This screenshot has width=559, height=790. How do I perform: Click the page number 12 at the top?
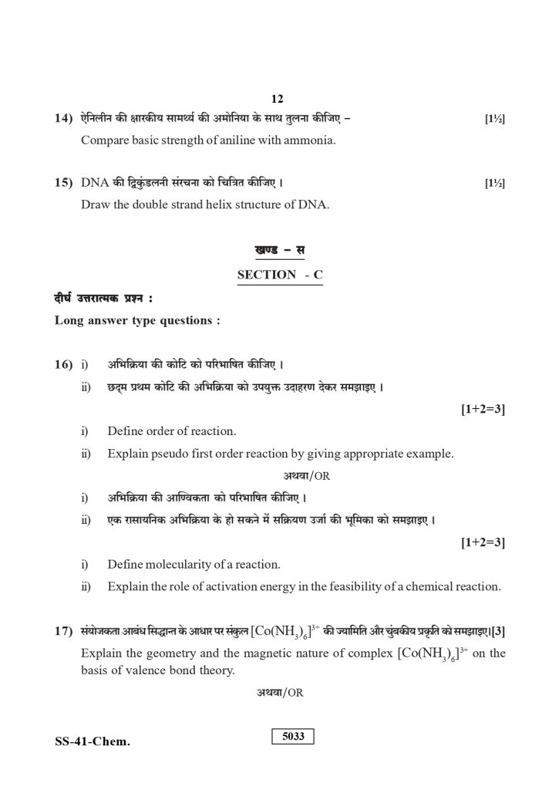(278, 100)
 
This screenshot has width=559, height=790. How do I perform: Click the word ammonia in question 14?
(308, 142)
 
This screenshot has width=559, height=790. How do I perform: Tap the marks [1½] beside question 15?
(494, 184)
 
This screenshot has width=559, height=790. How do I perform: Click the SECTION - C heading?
(280, 275)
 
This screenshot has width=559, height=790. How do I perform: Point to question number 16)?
(64, 364)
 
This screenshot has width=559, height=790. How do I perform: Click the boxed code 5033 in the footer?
(294, 736)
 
